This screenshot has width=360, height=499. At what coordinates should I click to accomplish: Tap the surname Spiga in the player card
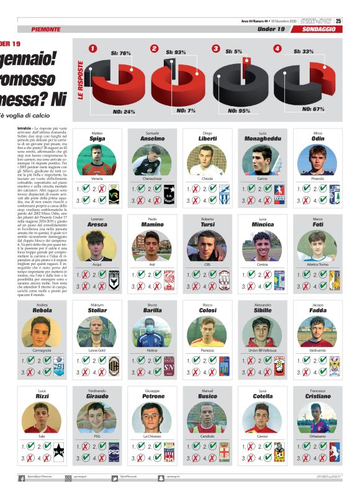pos(97,139)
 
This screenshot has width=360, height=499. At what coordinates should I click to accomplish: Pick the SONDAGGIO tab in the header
pos(320,29)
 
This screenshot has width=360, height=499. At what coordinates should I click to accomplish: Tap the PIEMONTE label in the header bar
pos(46,29)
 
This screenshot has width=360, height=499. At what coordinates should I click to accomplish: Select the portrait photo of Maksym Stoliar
pos(97,332)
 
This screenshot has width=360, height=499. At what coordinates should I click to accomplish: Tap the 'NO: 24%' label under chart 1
pos(125,112)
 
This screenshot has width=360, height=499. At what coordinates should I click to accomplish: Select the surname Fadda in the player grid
pos(317,310)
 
